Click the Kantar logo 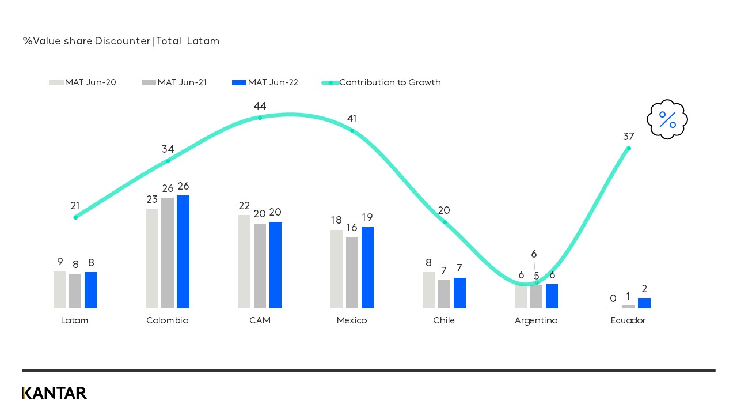pos(54,393)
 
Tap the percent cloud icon pos(667,120)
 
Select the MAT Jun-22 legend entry pos(265,82)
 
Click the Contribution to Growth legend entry pos(381,82)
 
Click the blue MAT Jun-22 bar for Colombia pos(183,252)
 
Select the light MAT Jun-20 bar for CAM pos(244,262)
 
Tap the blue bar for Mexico pos(367,267)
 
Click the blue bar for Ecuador pos(644,303)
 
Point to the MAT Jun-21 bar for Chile pos(444,294)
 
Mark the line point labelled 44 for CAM pos(260,118)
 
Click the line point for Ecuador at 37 pos(628,149)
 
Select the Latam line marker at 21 pos(75,217)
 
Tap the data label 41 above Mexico pos(352,119)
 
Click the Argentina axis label pos(536,320)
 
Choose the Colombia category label pos(168,320)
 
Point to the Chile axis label pos(444,320)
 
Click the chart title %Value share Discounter pos(121,41)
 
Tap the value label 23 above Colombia pos(152,199)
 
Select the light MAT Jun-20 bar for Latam pos(60,290)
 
